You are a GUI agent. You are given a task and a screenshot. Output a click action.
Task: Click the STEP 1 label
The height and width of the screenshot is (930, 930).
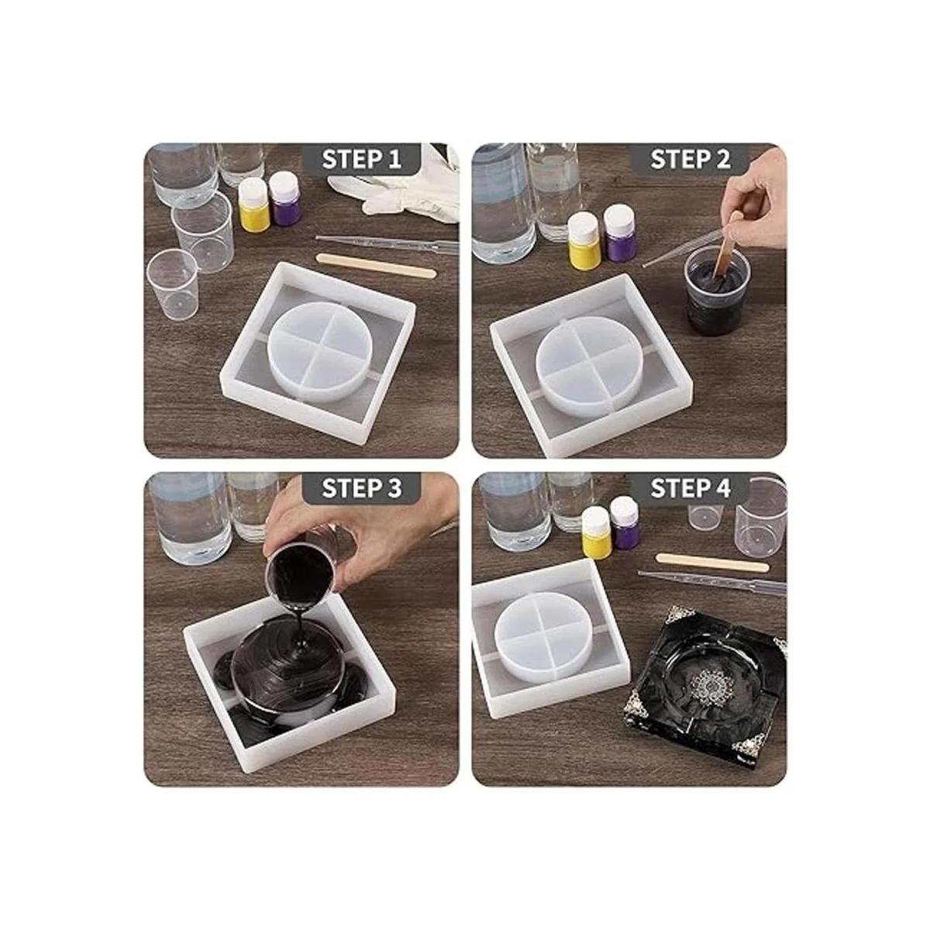pos(361,159)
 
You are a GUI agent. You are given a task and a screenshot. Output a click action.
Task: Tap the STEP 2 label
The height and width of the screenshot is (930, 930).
pos(691,159)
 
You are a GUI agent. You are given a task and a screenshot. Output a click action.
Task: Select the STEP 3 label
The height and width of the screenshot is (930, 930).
pos(361,488)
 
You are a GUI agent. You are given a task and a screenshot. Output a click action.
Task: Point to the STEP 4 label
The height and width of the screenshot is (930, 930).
pos(691,488)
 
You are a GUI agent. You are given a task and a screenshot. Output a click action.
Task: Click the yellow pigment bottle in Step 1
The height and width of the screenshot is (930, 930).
pos(254,203)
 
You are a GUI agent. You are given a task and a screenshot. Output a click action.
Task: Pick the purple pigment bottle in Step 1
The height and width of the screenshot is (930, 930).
pos(286,199)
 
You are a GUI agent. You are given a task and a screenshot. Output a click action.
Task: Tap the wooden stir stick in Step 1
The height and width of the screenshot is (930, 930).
pos(377,266)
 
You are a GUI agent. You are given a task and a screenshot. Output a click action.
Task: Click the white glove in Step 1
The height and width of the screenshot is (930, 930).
pos(401,188)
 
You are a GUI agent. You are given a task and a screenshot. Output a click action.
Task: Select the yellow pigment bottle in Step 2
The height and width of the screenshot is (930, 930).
pos(585,241)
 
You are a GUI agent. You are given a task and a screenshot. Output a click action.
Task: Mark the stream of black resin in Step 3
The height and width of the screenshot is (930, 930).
pos(302,628)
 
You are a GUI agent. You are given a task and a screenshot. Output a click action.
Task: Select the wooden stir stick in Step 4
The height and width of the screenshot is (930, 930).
pos(712,562)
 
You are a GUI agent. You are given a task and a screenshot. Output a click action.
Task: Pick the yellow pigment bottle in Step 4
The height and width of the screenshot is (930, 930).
pos(596,533)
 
